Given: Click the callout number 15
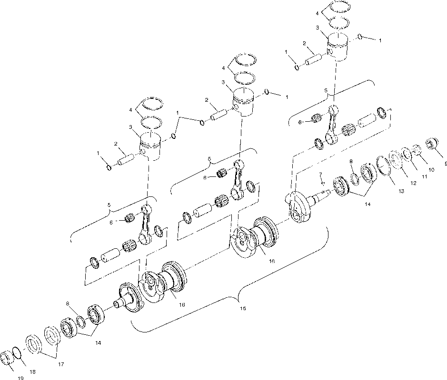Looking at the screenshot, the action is coord(242,309).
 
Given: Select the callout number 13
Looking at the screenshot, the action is coord(401,191).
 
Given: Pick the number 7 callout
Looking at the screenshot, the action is coord(320,174).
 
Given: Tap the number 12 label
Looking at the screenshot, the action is coord(413,183).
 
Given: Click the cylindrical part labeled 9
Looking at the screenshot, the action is coord(433,143).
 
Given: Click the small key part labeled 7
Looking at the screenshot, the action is coord(322,183).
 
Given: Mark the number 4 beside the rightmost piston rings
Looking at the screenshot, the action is coord(317,14).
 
